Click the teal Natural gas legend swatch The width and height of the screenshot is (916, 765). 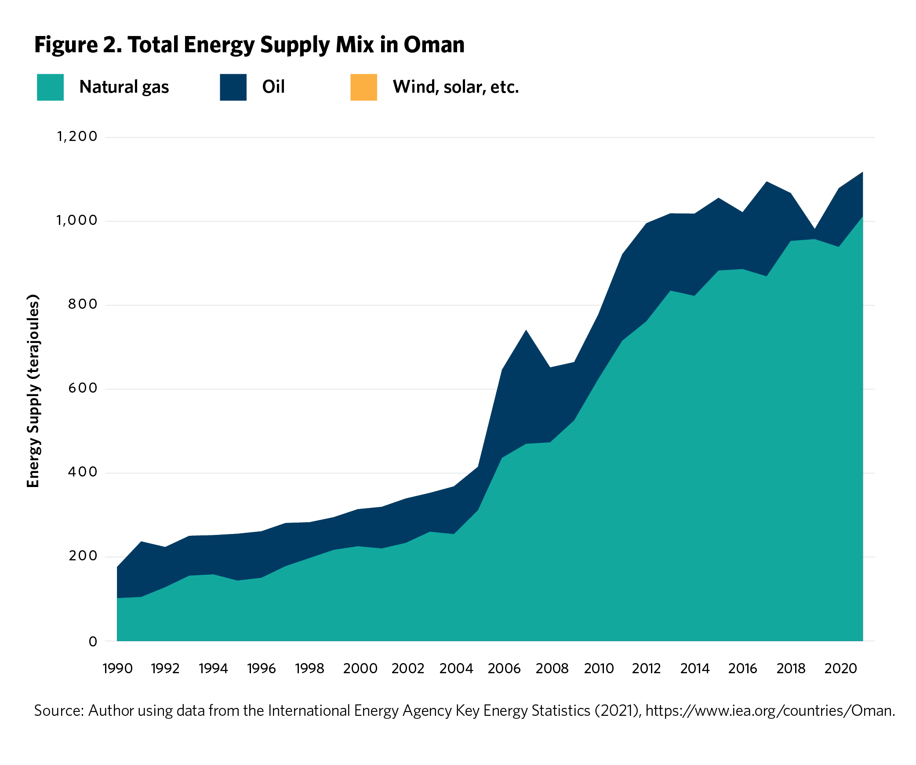[x=50, y=87]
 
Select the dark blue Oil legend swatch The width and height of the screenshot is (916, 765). [x=233, y=87]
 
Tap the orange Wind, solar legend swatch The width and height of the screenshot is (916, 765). [x=363, y=87]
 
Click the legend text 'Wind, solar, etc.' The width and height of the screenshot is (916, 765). [x=456, y=87]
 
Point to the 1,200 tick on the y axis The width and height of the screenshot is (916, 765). [x=77, y=137]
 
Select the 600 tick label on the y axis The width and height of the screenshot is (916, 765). [x=82, y=388]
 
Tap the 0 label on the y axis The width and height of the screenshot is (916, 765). [x=93, y=642]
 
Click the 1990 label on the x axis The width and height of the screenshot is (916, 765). [x=117, y=669]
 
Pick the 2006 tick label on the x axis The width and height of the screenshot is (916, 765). [x=504, y=669]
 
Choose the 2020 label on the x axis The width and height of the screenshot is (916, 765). [x=840, y=669]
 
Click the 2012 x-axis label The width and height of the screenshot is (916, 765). [x=646, y=669]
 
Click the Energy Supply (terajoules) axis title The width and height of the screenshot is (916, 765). [x=33, y=391]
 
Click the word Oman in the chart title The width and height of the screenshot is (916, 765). [x=434, y=45]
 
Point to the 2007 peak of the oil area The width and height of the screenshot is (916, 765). [x=526, y=331]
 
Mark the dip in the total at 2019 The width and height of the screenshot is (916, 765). [x=814, y=230]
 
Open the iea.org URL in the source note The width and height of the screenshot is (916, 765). [x=769, y=711]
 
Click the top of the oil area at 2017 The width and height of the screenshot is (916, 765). [x=767, y=182]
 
